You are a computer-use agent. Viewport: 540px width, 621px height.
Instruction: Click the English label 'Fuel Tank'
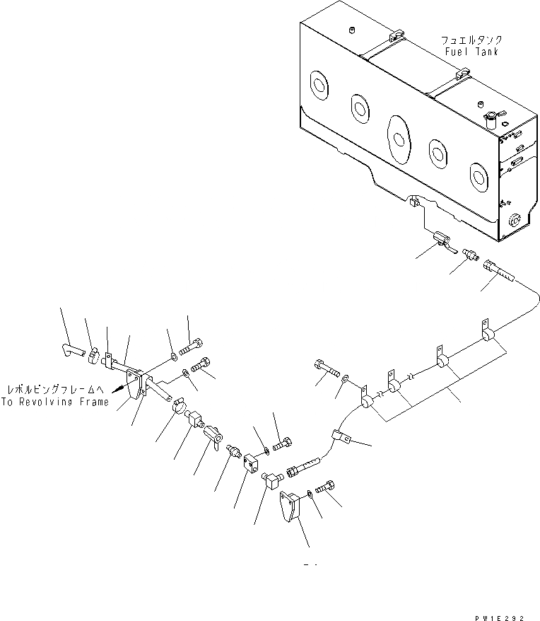[x=472, y=52]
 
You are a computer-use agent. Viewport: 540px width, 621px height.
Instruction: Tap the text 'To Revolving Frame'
[x=55, y=402]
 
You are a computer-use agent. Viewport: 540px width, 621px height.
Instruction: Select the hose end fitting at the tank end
[x=497, y=271]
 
